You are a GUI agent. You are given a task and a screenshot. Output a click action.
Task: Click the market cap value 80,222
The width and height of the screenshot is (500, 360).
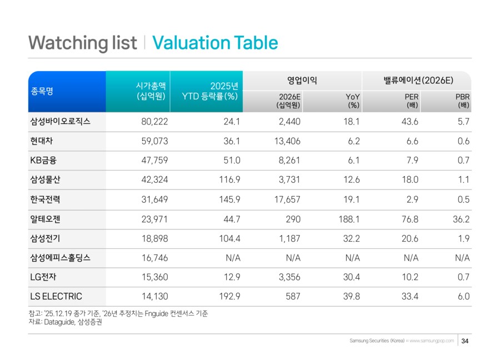[155, 122]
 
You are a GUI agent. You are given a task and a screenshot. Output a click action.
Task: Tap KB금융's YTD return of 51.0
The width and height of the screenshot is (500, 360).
[229, 161]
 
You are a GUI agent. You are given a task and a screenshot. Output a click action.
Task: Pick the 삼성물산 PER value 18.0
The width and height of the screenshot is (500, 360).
[409, 180]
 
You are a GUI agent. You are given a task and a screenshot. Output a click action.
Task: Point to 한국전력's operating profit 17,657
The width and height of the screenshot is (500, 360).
[287, 199]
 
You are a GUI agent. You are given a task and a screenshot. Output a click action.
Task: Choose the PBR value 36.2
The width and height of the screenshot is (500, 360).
[461, 219]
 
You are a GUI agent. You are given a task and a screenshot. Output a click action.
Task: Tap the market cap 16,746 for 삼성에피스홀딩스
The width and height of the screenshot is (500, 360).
[155, 258]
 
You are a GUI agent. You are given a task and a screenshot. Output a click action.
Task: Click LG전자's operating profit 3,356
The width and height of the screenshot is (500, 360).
[288, 277]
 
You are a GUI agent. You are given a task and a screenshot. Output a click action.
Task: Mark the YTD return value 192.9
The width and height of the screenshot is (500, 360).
[227, 297]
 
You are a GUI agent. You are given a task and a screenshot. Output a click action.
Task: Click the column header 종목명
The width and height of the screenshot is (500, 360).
[41, 92]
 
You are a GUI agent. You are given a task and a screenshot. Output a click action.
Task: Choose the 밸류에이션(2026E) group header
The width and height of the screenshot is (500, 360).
[417, 81]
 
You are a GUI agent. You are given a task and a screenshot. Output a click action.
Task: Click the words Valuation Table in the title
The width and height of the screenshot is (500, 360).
[214, 43]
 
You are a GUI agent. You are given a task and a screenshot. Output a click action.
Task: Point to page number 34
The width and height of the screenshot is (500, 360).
[465, 341]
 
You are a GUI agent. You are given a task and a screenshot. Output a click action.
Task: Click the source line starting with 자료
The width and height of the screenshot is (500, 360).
[65, 322]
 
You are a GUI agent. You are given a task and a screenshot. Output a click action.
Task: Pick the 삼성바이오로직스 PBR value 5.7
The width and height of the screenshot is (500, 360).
[463, 122]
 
